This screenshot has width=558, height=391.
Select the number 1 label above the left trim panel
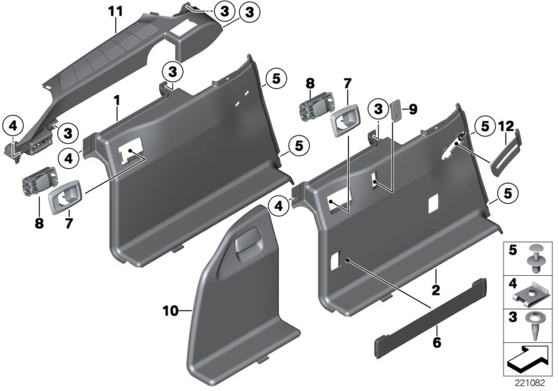(x=117, y=101)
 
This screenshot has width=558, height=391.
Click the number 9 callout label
(x=412, y=109)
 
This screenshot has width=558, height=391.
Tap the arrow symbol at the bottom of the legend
(x=528, y=358)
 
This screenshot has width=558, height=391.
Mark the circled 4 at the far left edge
(x=13, y=126)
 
